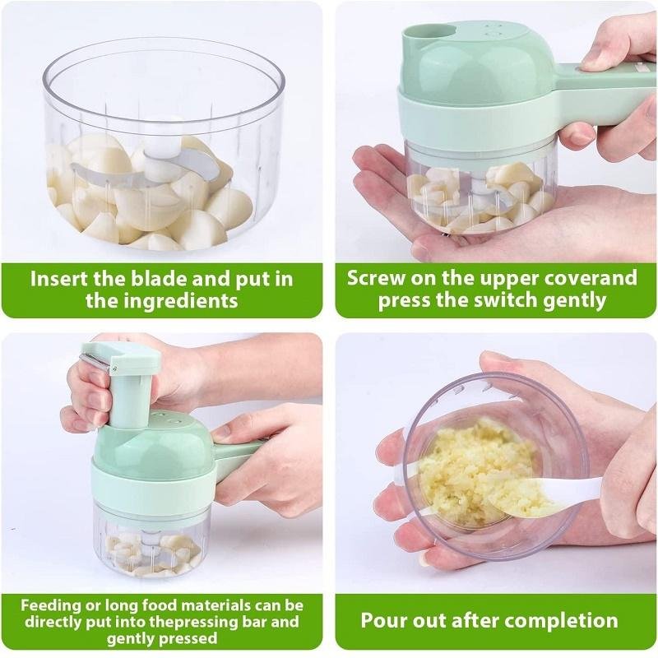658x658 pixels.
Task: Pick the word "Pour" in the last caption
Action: (x=382, y=620)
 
